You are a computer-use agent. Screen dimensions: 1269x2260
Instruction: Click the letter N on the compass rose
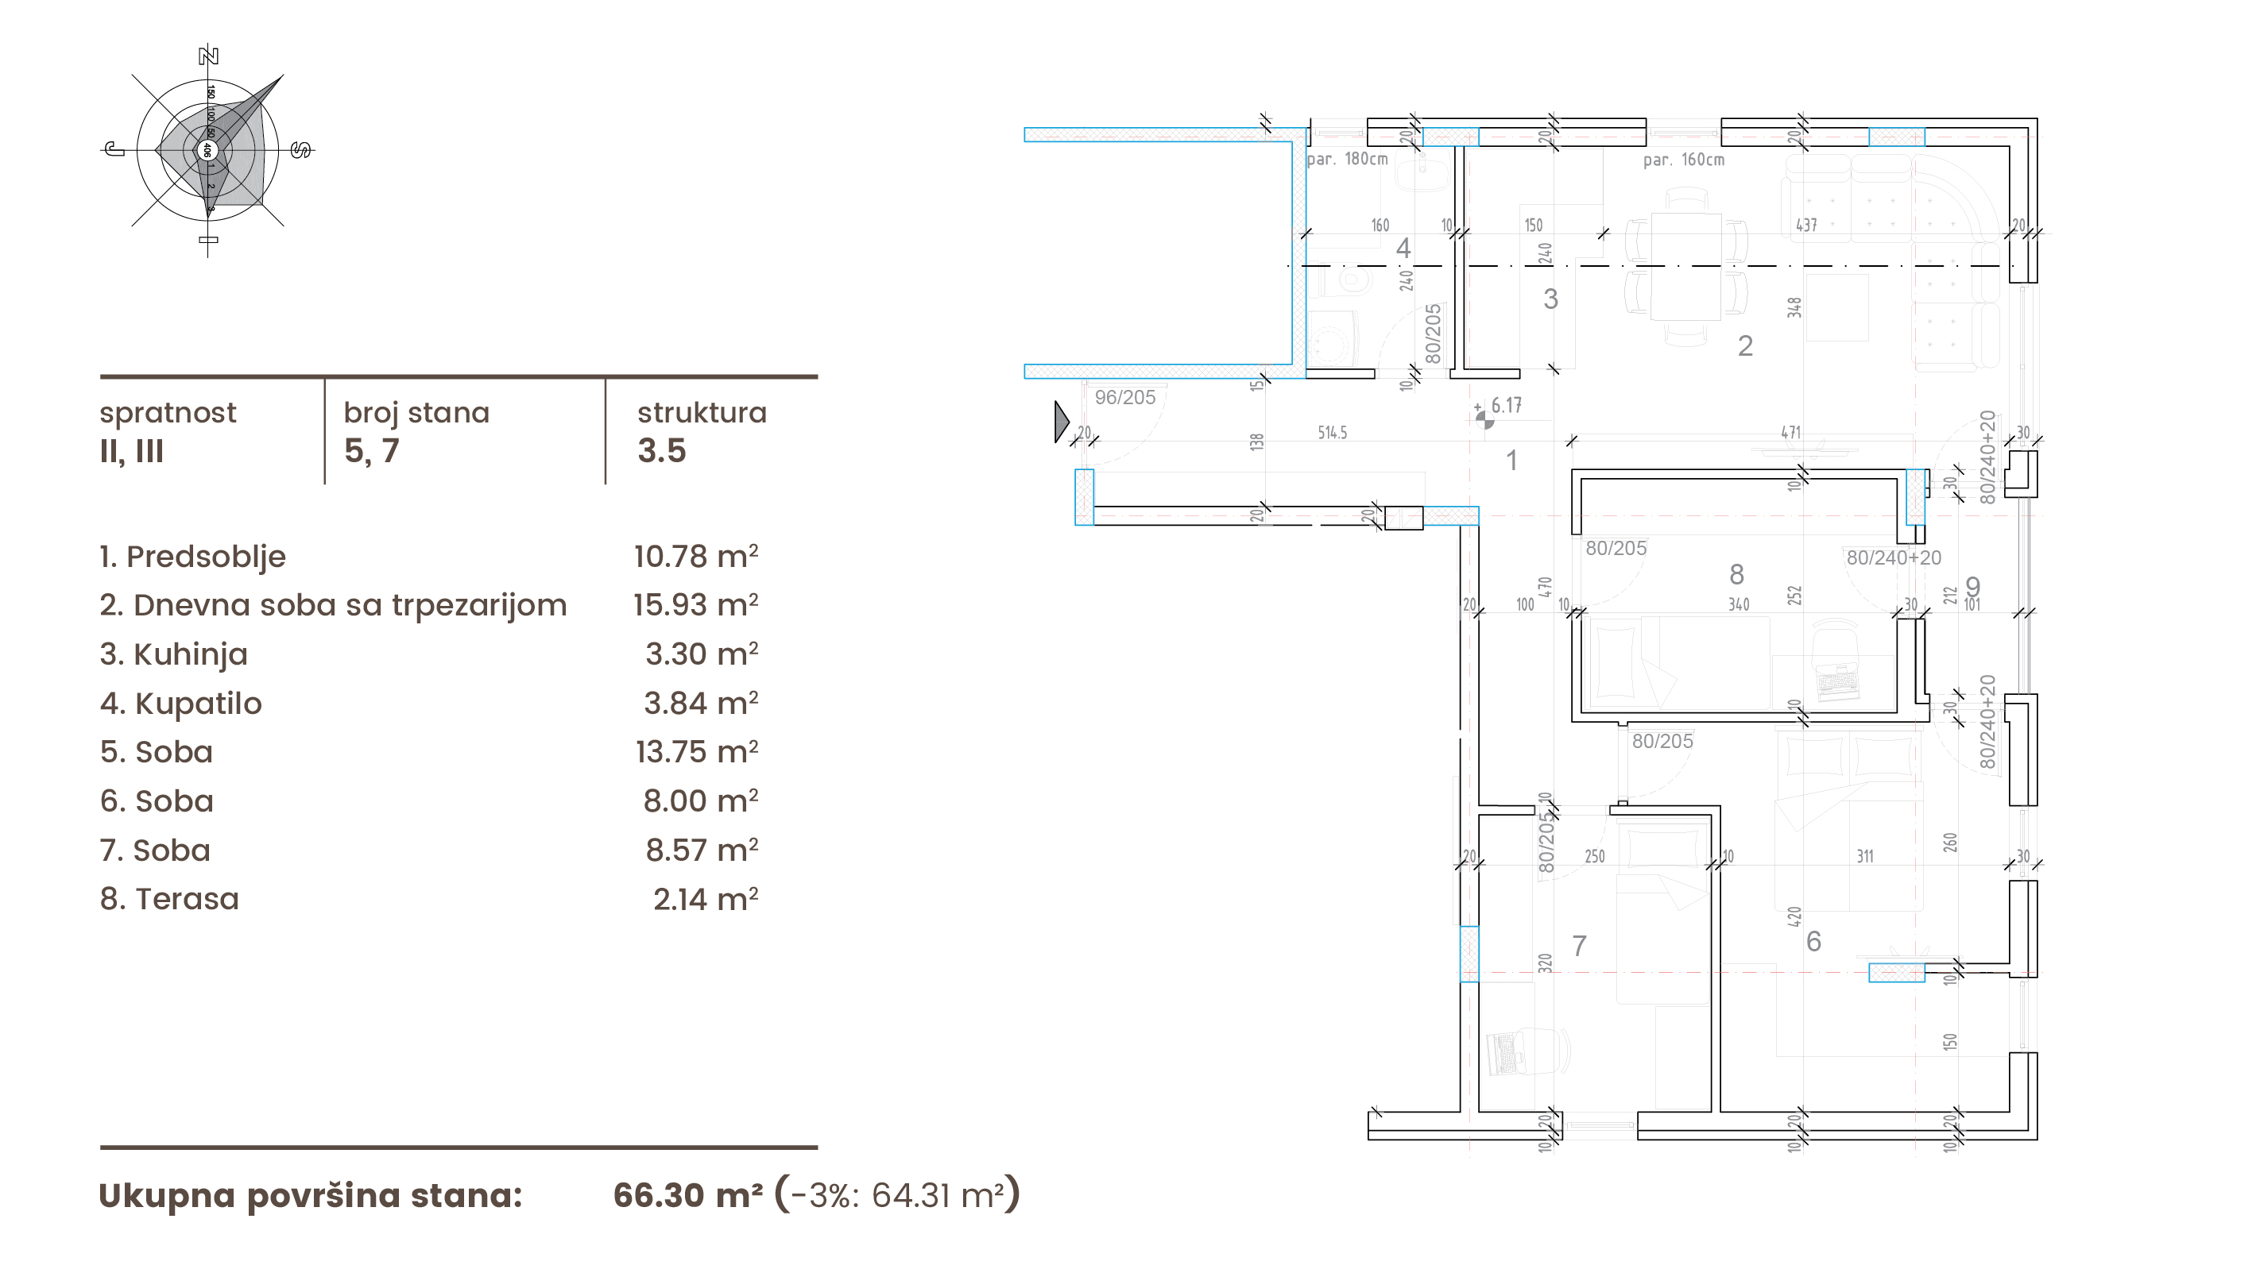208,56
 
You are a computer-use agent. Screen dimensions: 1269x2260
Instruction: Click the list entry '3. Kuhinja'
174,654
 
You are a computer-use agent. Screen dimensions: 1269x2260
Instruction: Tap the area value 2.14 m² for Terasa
706,899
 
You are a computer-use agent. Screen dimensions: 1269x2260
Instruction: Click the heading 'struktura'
702,412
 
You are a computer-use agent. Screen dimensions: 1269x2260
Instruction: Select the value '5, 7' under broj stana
371,451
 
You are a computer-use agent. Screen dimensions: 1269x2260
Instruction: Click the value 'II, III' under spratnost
132,451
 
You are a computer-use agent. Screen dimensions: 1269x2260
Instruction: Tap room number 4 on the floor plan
1403,249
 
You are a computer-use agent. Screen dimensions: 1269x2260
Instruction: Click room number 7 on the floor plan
1579,945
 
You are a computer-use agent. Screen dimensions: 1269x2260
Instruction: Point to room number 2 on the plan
1745,346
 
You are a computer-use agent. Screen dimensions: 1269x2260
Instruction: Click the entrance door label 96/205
1124,397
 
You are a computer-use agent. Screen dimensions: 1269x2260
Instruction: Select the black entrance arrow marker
1061,422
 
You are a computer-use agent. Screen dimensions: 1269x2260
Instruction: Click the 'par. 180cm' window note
1347,160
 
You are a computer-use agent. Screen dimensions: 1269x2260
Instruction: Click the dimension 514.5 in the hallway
1332,432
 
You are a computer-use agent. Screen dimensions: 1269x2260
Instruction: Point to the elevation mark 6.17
1506,405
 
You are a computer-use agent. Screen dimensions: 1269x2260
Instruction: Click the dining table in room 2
1685,267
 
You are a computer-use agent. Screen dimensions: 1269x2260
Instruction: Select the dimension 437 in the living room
1805,226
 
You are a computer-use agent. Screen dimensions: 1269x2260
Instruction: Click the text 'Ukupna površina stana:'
311,1195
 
